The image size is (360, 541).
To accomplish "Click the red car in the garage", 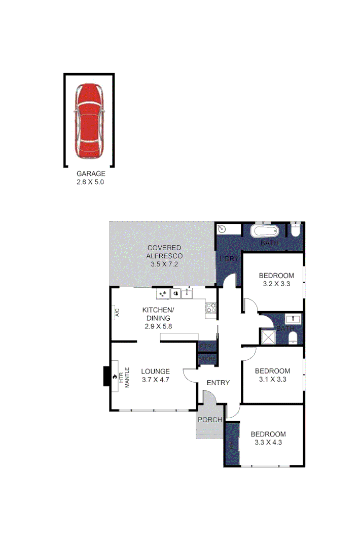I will pos(89,121).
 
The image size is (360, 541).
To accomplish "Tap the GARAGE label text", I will pos(91,173).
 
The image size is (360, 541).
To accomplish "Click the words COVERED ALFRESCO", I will pos(164,252).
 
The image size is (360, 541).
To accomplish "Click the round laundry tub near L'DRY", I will pos(221,229).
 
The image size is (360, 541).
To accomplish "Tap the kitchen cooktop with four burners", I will pos(211,308).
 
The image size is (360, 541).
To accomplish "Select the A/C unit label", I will pos(116,312).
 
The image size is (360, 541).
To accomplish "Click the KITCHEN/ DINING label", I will pos(158,314).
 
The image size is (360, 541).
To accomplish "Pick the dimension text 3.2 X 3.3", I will pos(276,284).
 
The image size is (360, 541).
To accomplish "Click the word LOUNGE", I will pos(155,371).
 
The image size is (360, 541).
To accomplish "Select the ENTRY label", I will pos(219,383).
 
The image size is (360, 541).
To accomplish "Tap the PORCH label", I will pos(209,420).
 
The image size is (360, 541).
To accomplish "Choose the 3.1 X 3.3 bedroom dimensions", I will pos(272,379).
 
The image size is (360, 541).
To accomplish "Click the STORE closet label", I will pos(207,359).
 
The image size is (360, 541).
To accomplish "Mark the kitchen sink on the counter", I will pos(187,293).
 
